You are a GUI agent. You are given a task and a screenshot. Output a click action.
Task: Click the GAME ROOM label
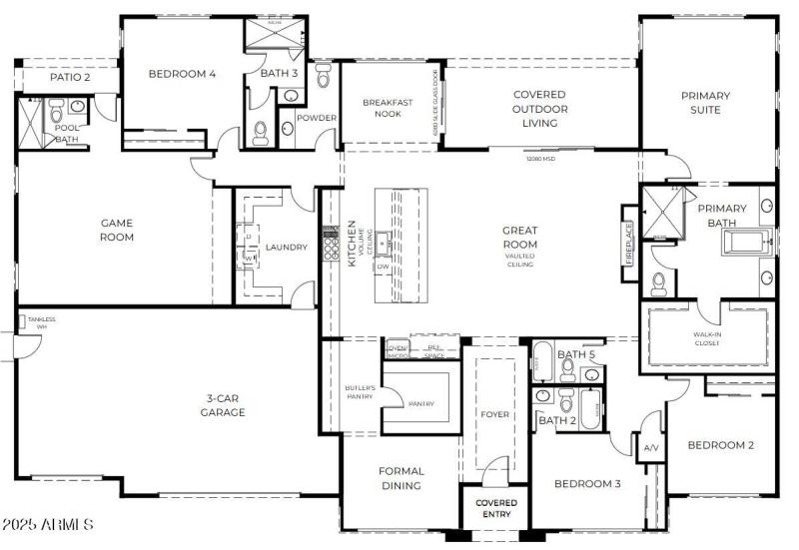coord(117,230)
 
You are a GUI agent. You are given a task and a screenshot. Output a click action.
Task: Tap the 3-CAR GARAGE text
coord(222,404)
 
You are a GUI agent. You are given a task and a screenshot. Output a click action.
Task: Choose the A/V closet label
coord(651,447)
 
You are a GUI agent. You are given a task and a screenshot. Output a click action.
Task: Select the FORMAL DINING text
coord(400,478)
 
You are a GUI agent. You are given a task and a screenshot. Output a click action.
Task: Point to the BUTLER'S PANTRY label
coord(360,391)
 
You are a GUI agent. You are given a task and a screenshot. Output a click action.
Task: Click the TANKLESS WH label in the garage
coord(42,323)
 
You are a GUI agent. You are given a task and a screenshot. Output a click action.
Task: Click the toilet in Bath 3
coord(261,132)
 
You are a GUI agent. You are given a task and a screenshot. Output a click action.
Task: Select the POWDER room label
coord(317,118)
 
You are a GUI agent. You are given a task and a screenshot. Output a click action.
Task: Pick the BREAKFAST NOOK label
coord(389,108)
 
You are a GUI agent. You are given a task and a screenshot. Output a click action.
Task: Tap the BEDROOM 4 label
coord(182,73)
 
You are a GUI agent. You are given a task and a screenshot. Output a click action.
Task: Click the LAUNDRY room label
coord(285,248)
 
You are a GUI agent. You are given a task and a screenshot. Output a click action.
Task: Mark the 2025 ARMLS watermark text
coord(48,524)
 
